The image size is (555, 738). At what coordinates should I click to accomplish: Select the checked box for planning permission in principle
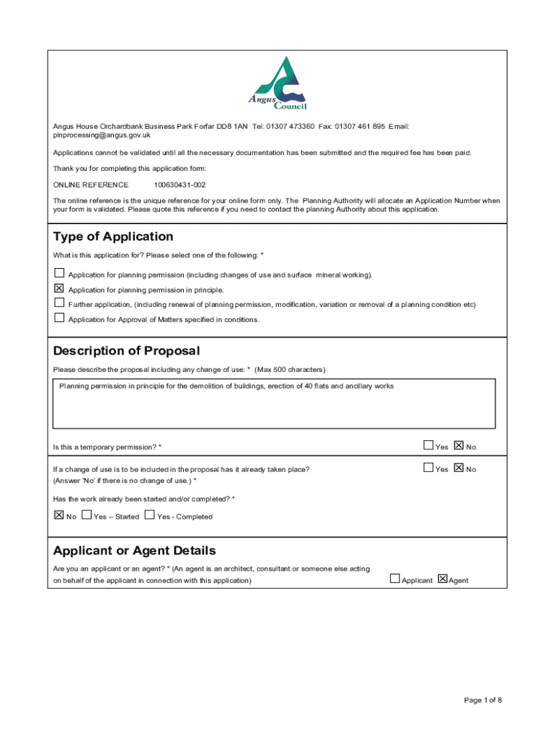tap(59, 289)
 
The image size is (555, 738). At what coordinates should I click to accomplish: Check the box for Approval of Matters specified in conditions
tap(59, 319)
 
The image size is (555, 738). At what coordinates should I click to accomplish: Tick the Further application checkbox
tap(59, 303)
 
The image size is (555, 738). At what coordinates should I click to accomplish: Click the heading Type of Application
tap(113, 237)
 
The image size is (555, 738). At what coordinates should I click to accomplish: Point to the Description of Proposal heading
tap(126, 351)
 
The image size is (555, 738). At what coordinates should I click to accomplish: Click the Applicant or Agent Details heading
tap(134, 551)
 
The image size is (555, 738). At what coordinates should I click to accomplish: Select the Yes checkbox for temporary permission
tap(429, 446)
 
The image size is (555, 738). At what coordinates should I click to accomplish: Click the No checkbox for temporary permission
tap(459, 446)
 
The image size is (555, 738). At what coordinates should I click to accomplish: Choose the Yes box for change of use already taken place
tap(429, 468)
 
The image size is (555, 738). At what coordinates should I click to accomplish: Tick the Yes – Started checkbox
tap(87, 515)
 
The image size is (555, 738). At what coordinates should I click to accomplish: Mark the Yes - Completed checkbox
tap(150, 515)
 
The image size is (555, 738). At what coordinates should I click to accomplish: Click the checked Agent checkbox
tap(443, 579)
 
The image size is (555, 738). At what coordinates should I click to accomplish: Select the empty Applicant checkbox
tap(395, 579)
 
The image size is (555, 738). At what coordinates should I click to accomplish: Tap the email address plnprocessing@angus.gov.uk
tap(102, 135)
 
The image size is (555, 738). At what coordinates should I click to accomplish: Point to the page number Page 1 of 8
tap(483, 701)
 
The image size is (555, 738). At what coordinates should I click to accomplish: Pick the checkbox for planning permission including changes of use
tap(59, 274)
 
